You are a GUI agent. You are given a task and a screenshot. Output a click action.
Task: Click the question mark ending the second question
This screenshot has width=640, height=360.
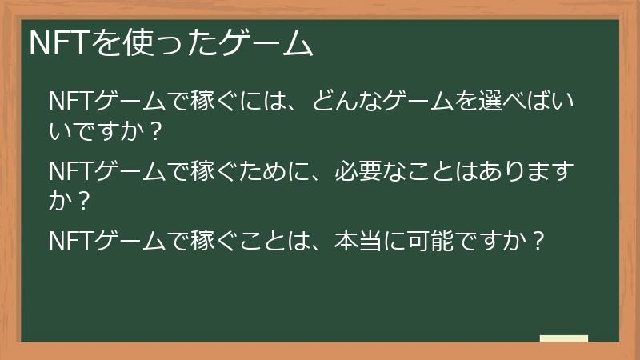80,200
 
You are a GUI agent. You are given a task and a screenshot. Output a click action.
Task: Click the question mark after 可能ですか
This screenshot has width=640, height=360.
538,240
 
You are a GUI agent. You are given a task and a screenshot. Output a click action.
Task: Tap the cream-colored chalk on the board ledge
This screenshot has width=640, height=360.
564,338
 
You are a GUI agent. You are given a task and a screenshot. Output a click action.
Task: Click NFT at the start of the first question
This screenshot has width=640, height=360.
70,102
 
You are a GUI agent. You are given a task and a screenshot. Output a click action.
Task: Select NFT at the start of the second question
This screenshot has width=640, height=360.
70,171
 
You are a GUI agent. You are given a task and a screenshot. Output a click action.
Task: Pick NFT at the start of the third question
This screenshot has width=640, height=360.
70,240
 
